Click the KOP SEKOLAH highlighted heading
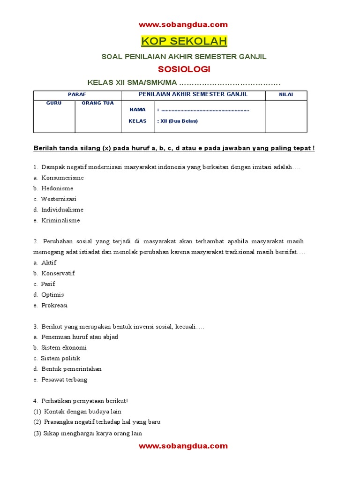(184, 41)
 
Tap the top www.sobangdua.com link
(183, 25)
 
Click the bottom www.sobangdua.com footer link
(183, 446)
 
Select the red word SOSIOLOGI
(184, 69)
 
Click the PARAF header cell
(77, 95)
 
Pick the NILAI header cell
(286, 95)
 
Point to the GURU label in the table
(54, 103)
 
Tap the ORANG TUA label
(97, 103)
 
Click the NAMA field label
(137, 110)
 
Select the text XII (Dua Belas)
(179, 121)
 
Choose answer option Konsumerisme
(62, 178)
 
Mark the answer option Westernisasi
(59, 199)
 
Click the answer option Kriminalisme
(60, 220)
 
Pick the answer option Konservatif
(58, 273)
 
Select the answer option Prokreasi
(54, 305)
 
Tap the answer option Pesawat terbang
(64, 380)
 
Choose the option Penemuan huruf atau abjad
(80, 337)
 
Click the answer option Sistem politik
(60, 359)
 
